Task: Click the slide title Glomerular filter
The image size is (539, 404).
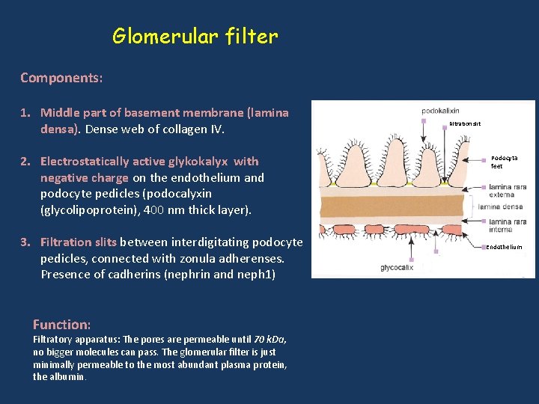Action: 195,36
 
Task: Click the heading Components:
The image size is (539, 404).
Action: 61,78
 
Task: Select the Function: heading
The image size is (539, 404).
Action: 61,325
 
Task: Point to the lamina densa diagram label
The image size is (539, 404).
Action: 501,206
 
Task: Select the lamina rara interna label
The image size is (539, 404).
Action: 508,225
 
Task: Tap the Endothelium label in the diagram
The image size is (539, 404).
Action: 505,247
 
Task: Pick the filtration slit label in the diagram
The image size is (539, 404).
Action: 465,123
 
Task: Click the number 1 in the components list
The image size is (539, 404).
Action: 25,113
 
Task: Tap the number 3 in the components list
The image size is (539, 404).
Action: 25,242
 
